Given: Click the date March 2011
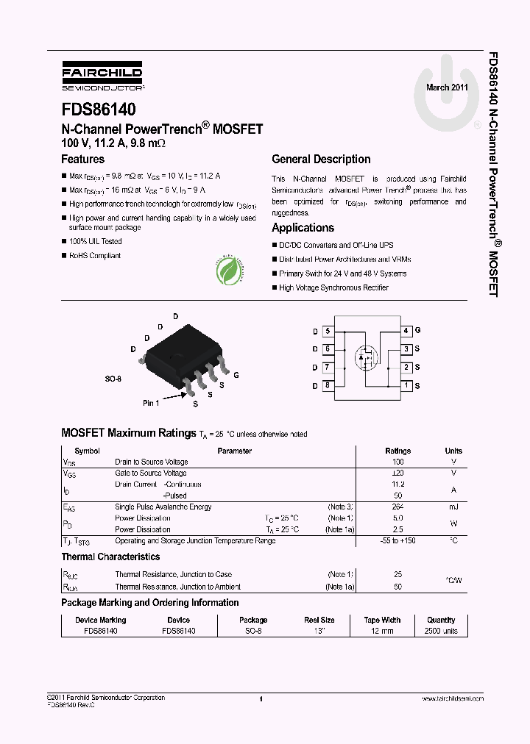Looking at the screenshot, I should point(447,87).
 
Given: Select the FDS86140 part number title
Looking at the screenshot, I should point(98,110).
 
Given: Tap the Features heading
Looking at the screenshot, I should point(82,159).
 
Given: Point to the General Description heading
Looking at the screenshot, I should point(321,159).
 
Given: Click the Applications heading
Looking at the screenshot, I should point(303,227).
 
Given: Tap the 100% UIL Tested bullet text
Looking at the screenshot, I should point(95,241).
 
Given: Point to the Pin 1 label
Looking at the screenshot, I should point(151,403).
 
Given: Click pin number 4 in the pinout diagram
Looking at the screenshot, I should point(406,331).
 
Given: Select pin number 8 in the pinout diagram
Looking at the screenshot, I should point(328,385).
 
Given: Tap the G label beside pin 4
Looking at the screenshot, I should point(417,331).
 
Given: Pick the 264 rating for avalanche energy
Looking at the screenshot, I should point(398,507).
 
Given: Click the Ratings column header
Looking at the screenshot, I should point(398,451).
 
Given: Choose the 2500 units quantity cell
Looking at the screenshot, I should point(441,631).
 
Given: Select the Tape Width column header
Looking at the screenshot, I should point(382,620).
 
